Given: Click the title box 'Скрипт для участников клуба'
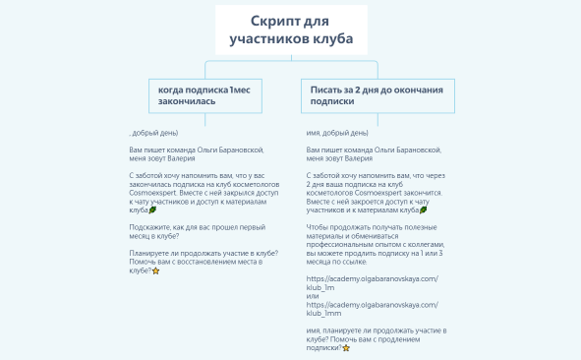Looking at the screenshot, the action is tap(290, 31).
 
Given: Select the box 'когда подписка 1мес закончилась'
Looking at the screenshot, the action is tap(203, 94).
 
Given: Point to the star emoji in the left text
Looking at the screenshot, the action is tap(155, 270).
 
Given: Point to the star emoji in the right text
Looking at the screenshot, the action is tap(346, 348).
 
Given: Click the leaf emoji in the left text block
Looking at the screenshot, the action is tap(151, 210).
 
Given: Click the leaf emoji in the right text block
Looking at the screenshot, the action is tap(423, 210).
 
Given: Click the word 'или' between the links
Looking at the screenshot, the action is tap(313, 295).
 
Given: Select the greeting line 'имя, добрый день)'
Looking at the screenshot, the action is tap(338, 132).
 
